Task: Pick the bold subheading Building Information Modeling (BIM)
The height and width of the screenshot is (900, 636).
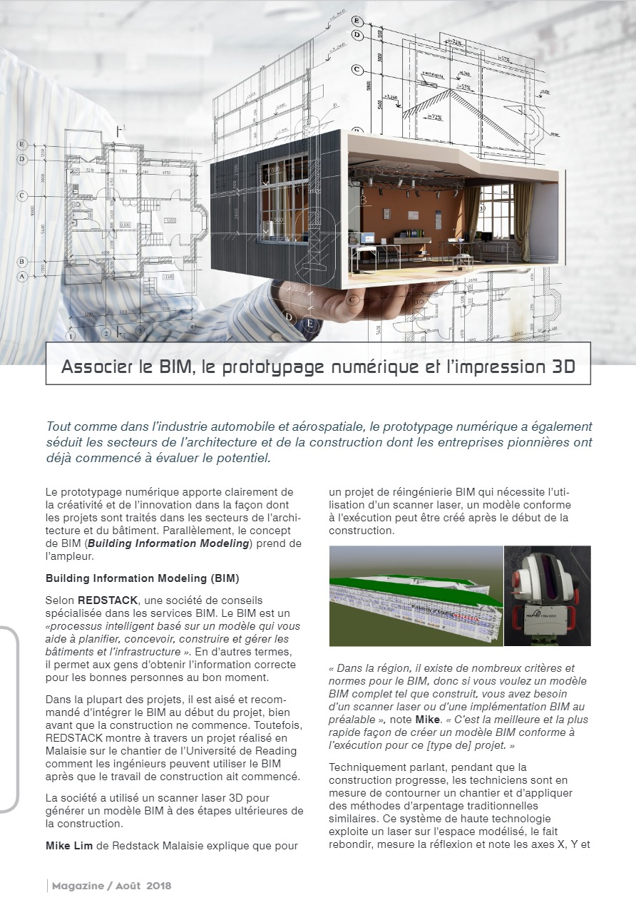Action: (x=127, y=578)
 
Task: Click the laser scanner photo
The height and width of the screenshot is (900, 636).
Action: (x=548, y=596)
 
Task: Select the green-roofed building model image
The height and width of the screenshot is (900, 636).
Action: (x=415, y=596)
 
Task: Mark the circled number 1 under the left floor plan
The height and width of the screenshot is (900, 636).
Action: (x=71, y=336)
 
